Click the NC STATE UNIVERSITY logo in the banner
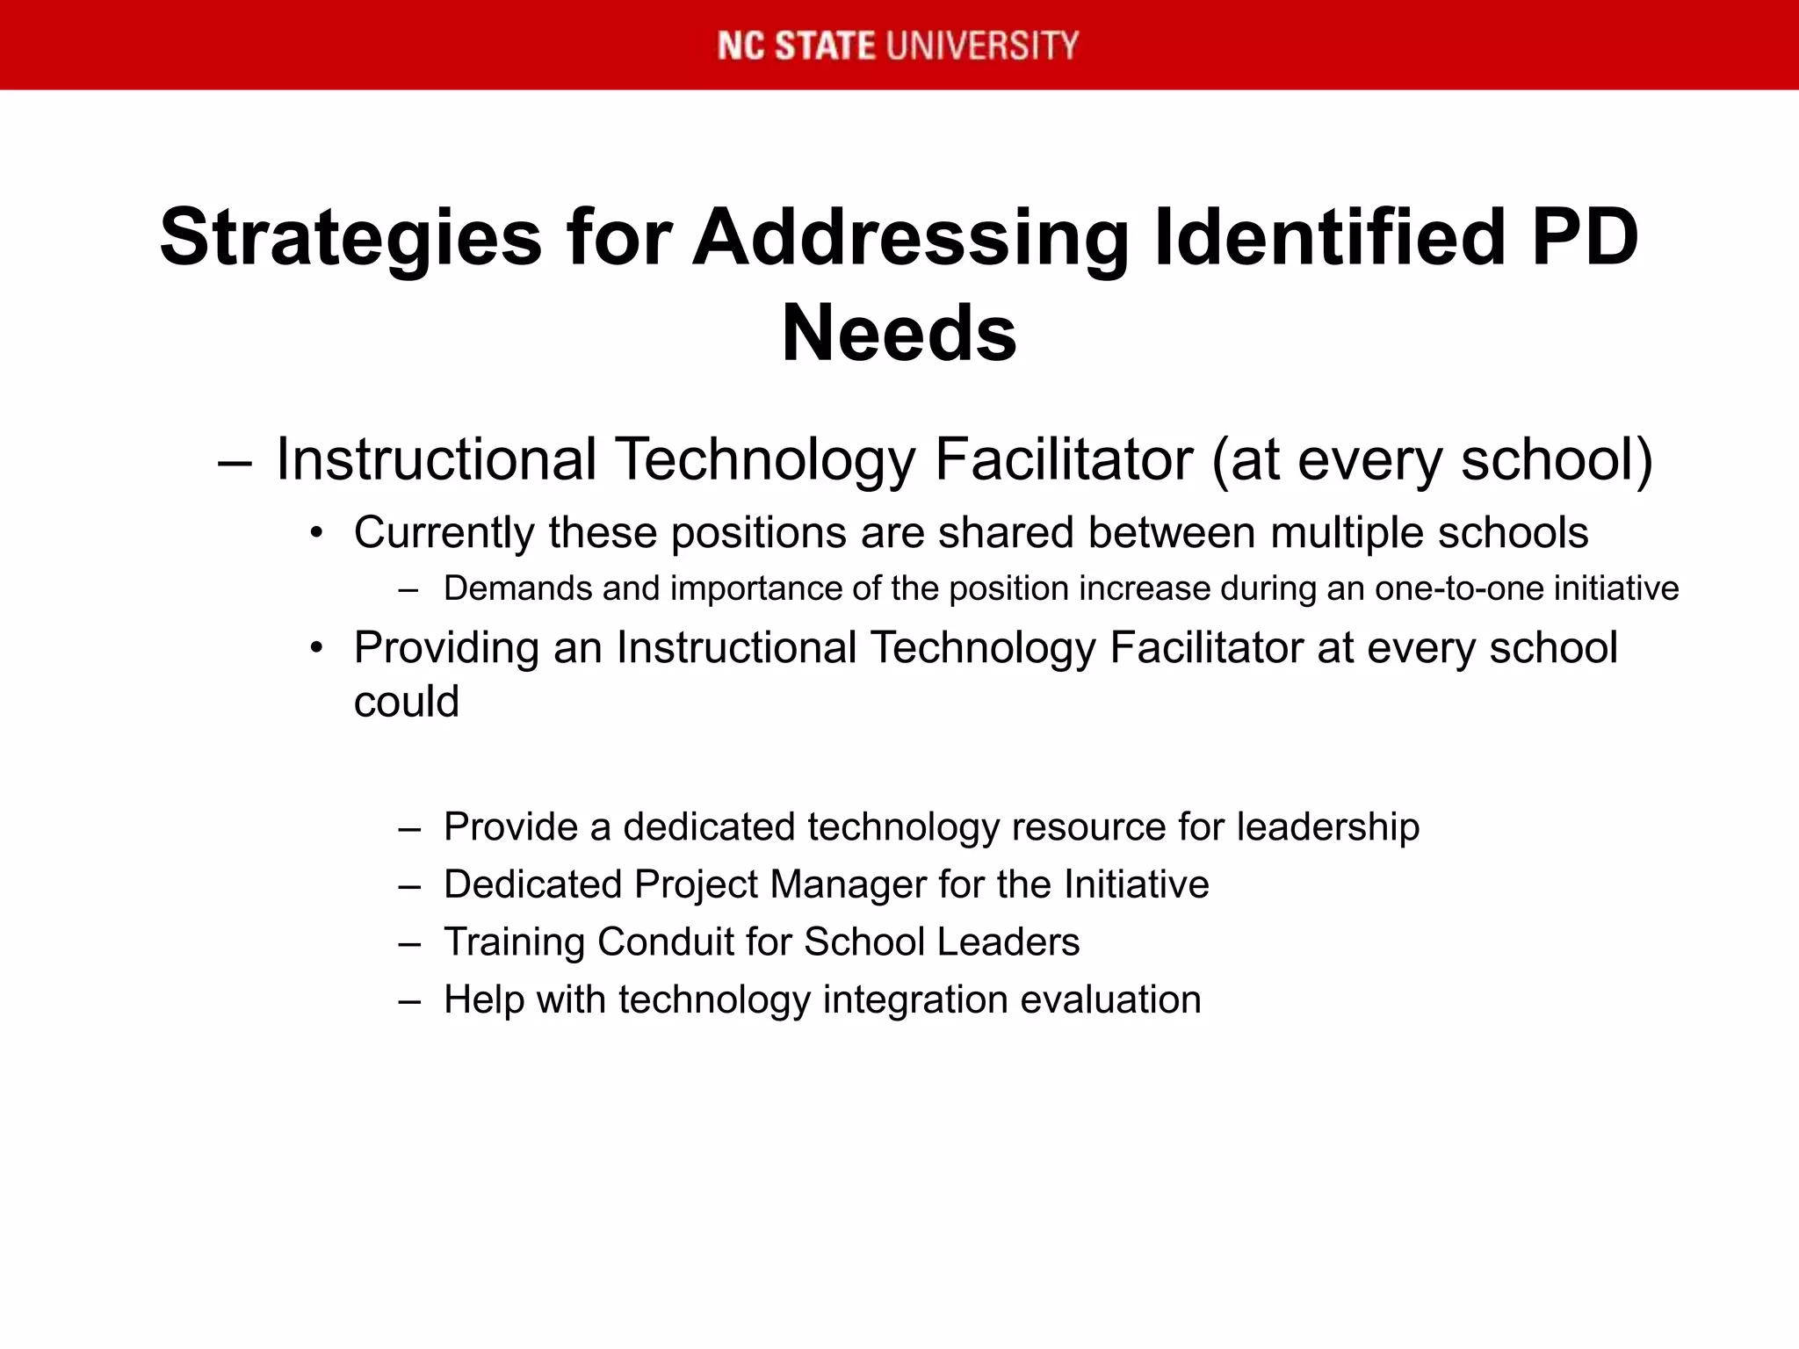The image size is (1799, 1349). click(898, 46)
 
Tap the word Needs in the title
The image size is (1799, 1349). click(899, 334)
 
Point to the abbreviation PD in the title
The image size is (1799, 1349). click(1585, 236)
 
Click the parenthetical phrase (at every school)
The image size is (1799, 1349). click(1432, 460)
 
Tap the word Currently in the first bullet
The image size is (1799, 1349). click(444, 534)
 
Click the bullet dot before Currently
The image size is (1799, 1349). click(317, 533)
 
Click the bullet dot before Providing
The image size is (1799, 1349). click(317, 648)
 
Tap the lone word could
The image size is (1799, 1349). click(406, 702)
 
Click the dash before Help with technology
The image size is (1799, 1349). click(409, 1000)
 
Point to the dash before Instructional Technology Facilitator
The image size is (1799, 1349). click(235, 461)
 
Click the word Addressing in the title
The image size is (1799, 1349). click(911, 238)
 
